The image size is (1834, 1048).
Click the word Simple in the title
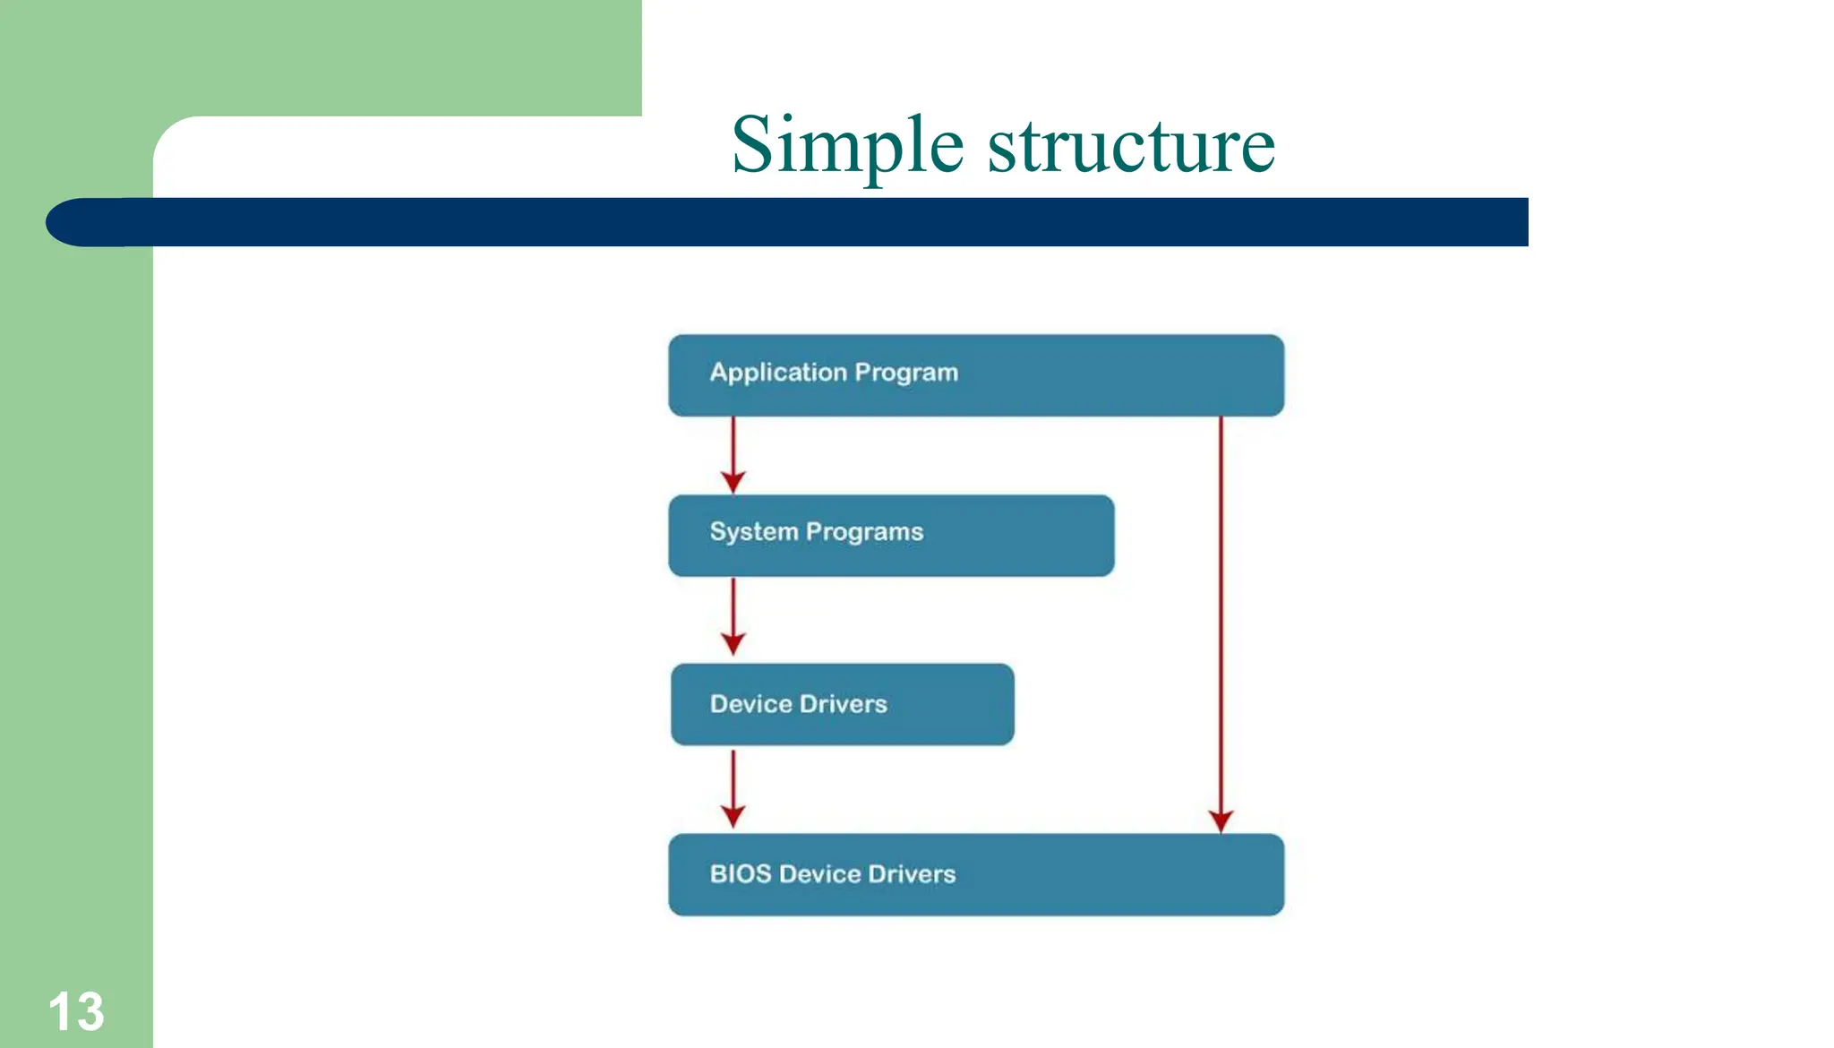(x=846, y=145)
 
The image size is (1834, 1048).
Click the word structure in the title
(x=1131, y=145)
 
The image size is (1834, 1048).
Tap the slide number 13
(x=76, y=1011)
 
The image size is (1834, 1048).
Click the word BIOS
(x=740, y=873)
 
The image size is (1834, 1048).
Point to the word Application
(x=777, y=373)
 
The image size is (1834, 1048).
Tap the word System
(x=753, y=532)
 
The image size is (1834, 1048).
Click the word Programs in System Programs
(x=864, y=532)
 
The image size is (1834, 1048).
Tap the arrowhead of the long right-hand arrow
(x=1221, y=820)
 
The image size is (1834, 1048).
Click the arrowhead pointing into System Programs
(x=733, y=482)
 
